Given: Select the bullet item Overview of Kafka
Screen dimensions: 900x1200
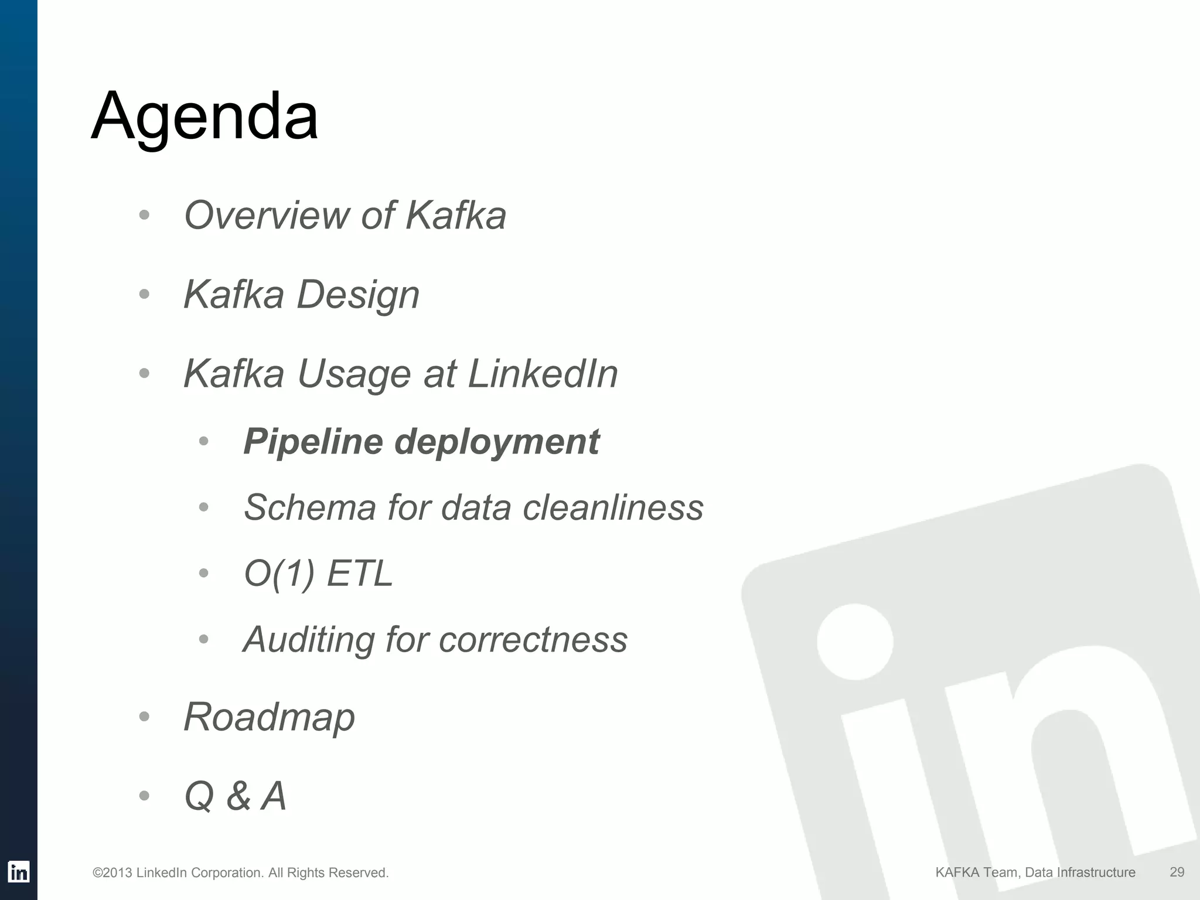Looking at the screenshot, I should pos(345,216).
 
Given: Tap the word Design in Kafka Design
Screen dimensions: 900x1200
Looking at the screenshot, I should pos(358,295).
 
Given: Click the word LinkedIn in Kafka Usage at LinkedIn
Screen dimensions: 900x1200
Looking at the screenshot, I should pos(543,374).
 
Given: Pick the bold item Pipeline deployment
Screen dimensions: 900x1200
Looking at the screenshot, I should pos(421,441).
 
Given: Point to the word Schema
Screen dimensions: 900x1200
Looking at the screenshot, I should pos(309,507).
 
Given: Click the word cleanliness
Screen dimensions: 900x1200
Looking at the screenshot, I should pos(613,507).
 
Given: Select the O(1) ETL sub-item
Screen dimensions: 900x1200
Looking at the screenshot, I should pos(318,573).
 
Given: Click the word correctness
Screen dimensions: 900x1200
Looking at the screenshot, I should pos(533,639).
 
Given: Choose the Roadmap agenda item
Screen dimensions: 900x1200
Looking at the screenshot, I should pos(269,717).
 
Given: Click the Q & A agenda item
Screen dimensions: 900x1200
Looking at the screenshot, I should pos(235,796).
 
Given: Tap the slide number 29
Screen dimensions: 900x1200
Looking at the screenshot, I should pos(1177,872).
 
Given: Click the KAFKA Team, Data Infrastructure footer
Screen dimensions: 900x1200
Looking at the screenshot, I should pos(1035,872).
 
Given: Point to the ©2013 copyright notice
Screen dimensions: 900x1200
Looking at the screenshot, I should pos(240,873).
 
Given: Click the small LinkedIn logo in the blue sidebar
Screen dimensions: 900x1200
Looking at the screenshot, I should pos(19,872).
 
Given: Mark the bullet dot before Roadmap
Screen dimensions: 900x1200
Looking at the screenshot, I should pos(144,717).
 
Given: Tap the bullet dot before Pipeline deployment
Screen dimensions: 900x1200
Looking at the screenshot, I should pos(203,441).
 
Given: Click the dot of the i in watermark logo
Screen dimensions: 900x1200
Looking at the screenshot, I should pos(855,642).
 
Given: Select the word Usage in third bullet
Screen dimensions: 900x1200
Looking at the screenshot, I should pos(354,374).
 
